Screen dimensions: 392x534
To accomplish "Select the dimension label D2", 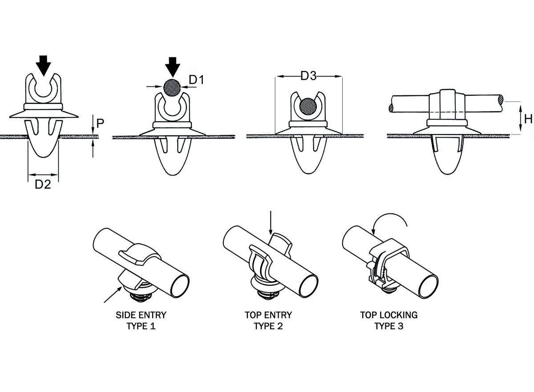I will [43, 184].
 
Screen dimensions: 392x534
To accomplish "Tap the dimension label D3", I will [308, 76].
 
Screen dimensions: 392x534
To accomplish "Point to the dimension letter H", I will [528, 118].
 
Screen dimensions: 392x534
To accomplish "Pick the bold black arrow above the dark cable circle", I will [172, 67].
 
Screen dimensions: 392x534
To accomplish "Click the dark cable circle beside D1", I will [172, 87].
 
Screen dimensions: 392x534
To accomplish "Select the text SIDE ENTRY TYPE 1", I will [141, 320].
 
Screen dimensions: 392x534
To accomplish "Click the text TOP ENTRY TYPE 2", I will [268, 320].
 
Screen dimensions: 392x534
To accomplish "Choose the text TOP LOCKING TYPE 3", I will [389, 320].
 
